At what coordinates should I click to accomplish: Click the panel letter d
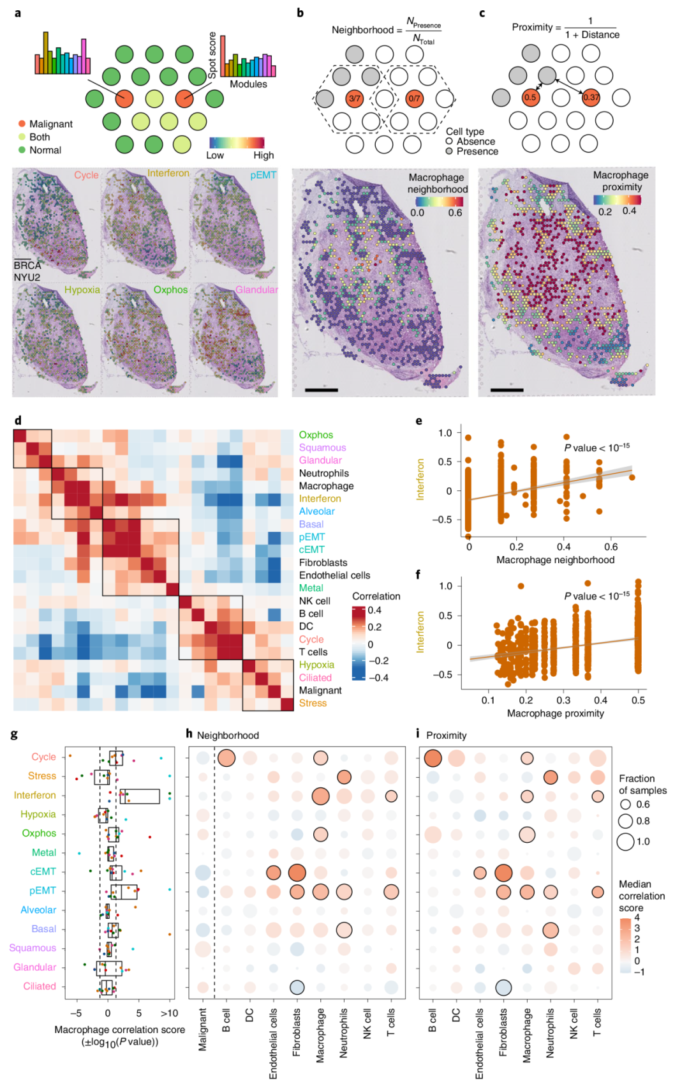tap(18, 421)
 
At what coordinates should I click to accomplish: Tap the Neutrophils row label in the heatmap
tap(324, 473)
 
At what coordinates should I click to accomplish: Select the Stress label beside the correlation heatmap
tap(313, 703)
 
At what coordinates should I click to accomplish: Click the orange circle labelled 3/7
tap(355, 98)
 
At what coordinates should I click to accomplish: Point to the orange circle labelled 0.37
tap(591, 97)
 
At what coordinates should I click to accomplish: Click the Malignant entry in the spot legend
tap(50, 124)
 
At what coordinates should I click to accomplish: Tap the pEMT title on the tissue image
tap(263, 175)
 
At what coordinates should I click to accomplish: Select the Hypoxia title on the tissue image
tap(82, 290)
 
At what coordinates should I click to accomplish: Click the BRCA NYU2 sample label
tap(27, 271)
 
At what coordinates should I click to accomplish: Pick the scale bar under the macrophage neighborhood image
tap(322, 389)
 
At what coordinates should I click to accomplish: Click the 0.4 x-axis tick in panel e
tap(564, 547)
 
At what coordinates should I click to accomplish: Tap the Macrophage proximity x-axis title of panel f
tap(555, 713)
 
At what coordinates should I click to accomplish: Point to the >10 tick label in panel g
tap(169, 1013)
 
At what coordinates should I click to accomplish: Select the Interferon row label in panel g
tap(35, 795)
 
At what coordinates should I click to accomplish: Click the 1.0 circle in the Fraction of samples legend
tap(625, 842)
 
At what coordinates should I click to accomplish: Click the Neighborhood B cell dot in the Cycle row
tap(226, 758)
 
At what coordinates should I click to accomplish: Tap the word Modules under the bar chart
tap(248, 84)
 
